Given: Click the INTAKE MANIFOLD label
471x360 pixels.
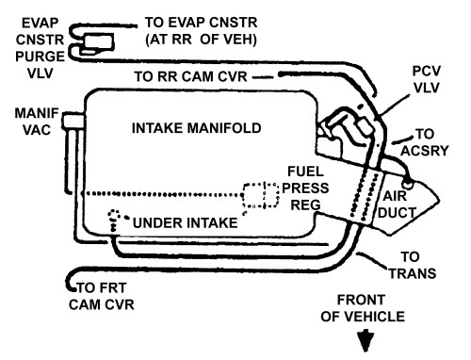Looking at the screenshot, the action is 197,128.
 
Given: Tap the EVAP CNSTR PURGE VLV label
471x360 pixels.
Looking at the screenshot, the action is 40,48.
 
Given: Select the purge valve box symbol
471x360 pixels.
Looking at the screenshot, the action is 98,43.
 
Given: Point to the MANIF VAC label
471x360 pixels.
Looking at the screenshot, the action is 37,122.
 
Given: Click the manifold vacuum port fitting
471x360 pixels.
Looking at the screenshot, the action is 73,121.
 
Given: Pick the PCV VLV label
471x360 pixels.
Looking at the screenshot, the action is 426,79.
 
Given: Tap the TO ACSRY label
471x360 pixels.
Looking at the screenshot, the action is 425,142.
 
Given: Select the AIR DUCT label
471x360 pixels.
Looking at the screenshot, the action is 397,205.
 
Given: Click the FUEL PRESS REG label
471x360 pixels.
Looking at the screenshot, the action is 305,188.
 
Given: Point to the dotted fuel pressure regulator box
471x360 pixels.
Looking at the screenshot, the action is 261,195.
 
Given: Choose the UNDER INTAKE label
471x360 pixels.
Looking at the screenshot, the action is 186,223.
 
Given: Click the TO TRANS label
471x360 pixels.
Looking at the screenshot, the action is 413,266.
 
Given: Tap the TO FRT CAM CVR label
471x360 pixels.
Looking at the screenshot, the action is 102,296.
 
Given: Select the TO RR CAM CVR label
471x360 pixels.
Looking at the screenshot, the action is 190,76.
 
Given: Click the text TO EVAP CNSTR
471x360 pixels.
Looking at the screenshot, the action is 201,23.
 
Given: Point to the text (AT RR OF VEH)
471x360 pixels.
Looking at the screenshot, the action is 201,40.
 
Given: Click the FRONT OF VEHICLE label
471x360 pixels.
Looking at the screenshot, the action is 363,308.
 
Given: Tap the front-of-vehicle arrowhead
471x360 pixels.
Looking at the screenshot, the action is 365,340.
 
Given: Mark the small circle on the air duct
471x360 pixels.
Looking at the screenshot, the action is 408,184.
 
